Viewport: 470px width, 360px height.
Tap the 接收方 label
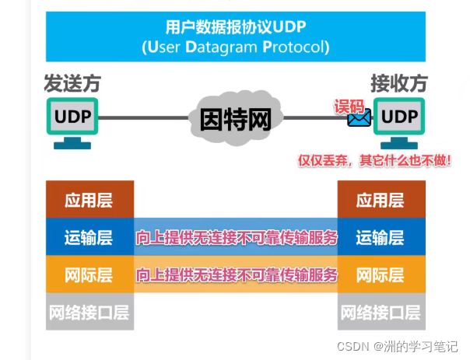pos(399,83)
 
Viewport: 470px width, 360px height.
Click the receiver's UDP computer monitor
pos(400,117)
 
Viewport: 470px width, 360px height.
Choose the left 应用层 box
pos(89,200)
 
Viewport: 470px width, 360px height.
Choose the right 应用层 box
pos(381,200)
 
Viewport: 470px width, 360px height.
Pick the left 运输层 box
pos(89,237)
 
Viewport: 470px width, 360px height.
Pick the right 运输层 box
pos(381,237)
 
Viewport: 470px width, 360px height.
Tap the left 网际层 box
pos(89,274)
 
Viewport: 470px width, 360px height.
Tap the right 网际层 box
pos(381,274)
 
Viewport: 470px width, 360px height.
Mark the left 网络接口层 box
pos(89,313)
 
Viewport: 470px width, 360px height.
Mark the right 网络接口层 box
pos(381,313)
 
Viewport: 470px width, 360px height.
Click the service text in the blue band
pos(237,237)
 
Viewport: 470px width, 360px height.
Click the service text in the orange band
pos(237,274)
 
